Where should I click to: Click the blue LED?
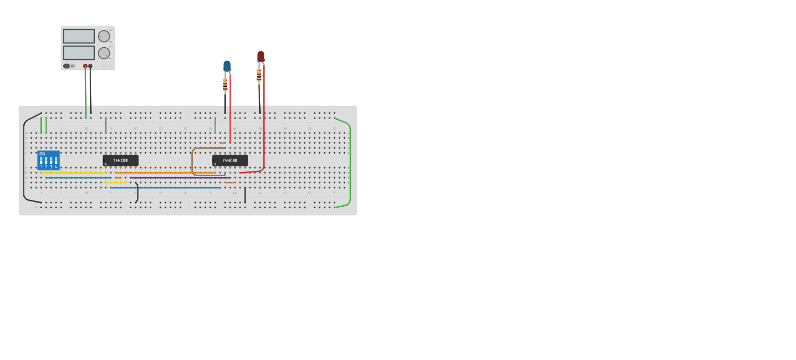(227, 66)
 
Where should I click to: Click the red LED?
(261, 56)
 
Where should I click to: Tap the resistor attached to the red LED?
(259, 76)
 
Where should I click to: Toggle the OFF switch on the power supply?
(67, 66)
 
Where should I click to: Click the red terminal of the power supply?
(86, 66)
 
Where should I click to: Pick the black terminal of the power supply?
(91, 66)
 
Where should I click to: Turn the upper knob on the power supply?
(104, 36)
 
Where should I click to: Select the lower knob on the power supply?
(104, 53)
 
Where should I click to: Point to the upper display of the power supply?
(79, 36)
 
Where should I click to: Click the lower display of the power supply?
(79, 53)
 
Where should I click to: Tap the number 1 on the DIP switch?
(41, 167)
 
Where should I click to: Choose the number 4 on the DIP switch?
(56, 167)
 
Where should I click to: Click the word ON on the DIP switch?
(42, 154)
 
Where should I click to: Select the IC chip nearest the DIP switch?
(121, 161)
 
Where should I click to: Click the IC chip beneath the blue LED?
(230, 161)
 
